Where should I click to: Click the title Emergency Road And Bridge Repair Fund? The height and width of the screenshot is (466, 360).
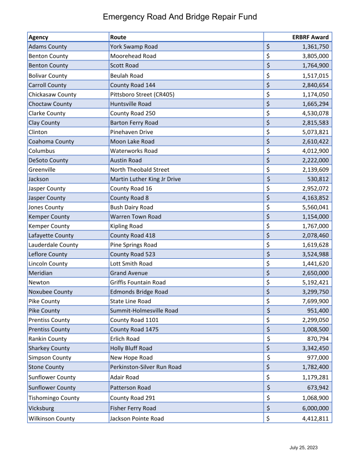(x=180, y=17)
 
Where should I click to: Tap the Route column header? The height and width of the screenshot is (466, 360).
(x=119, y=37)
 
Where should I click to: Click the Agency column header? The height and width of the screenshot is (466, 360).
(x=38, y=37)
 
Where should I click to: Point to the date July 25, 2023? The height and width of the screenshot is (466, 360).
(x=304, y=447)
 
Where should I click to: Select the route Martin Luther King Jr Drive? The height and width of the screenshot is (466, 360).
(x=145, y=179)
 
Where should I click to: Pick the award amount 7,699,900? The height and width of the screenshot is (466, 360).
(x=313, y=301)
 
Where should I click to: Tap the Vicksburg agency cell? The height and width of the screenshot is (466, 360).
(x=43, y=408)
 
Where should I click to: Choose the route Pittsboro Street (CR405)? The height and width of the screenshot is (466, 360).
(x=142, y=94)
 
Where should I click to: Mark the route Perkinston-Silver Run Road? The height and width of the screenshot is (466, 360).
(x=146, y=367)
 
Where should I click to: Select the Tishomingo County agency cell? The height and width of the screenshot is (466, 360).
(x=54, y=398)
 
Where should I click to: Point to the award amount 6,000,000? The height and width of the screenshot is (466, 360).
(x=313, y=408)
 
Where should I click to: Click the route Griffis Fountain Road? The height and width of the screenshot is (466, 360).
(x=138, y=282)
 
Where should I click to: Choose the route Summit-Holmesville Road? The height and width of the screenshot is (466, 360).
(x=144, y=310)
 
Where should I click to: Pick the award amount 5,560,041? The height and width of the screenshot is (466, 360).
(x=313, y=207)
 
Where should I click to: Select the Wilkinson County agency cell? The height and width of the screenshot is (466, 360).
(x=52, y=418)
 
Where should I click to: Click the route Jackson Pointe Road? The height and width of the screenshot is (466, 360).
(x=137, y=418)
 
